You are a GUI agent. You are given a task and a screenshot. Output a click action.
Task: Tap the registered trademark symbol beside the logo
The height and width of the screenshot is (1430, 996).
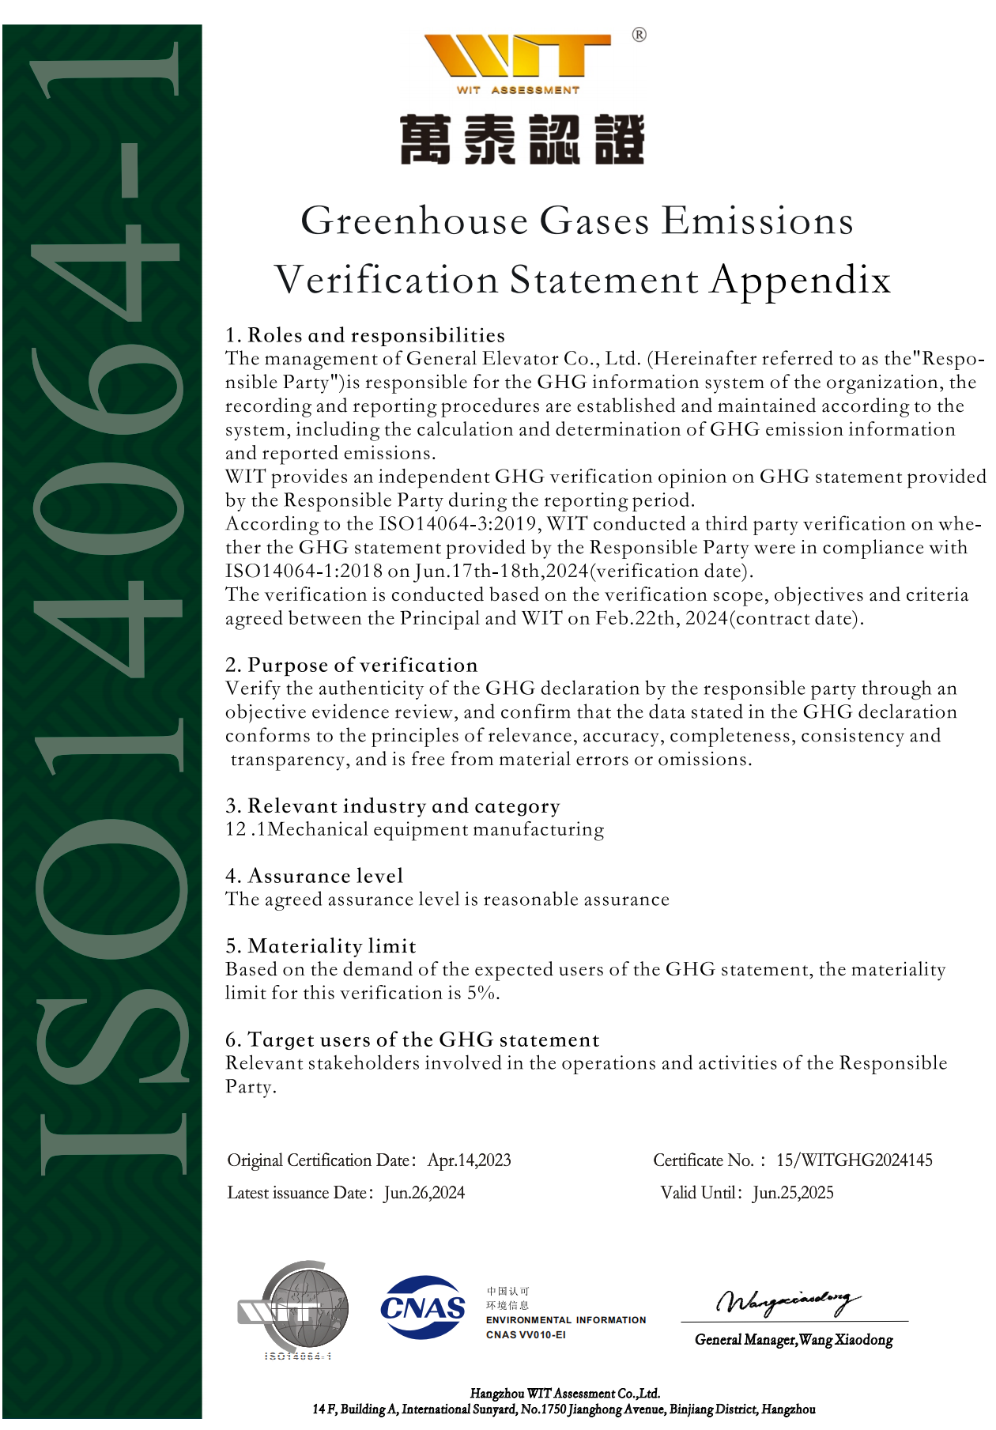[639, 35]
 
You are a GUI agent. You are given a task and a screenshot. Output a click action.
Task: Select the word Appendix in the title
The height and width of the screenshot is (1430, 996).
[800, 280]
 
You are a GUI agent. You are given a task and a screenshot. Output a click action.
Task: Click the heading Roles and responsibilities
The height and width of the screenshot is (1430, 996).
[376, 335]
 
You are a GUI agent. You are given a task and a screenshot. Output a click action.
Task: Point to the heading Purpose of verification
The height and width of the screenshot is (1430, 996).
[363, 665]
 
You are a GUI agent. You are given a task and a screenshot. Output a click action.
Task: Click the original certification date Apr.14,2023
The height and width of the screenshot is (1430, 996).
[469, 1160]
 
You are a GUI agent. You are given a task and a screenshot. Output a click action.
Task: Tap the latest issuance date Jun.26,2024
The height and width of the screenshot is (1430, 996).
[424, 1193]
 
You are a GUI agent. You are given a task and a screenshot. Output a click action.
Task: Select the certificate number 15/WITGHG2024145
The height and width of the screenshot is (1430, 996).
[854, 1160]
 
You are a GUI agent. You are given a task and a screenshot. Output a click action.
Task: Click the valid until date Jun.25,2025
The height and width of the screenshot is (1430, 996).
[793, 1193]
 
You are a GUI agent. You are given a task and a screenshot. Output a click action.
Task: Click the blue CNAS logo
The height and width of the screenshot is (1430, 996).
[423, 1308]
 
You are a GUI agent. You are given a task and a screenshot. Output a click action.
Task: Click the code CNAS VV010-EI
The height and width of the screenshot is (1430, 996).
[526, 1335]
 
